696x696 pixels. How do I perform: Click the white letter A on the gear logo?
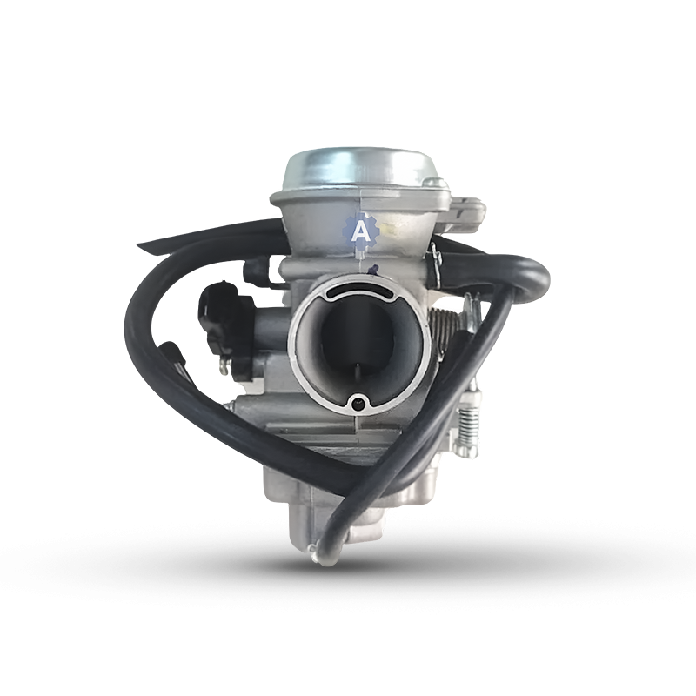point(359,231)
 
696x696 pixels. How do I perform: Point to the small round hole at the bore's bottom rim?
point(357,401)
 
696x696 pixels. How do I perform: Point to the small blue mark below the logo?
point(372,269)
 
